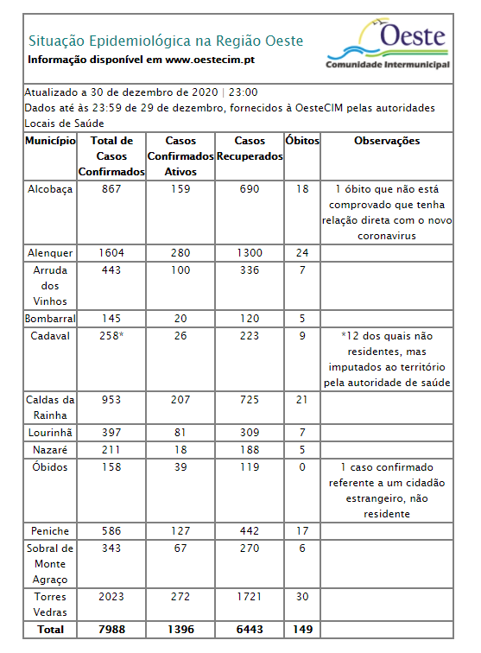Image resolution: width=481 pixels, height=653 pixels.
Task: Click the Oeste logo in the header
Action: [388, 46]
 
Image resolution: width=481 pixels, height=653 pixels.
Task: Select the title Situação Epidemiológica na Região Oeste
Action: [166, 41]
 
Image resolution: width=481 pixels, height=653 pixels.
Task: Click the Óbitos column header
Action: [302, 141]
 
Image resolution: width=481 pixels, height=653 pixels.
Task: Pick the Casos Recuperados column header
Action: [250, 149]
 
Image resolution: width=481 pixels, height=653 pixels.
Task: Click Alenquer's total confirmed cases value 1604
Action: [111, 253]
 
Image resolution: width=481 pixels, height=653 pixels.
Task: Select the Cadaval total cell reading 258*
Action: [112, 336]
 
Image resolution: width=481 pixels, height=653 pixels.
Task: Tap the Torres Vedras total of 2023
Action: [111, 597]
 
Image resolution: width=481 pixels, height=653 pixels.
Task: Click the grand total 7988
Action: [111, 630]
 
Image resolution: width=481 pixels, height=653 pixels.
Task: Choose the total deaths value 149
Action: [302, 630]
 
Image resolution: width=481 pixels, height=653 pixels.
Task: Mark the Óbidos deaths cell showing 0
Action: [302, 467]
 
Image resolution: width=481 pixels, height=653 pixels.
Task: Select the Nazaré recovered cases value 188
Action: [250, 450]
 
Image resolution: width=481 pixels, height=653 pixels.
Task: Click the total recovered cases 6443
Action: [250, 630]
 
